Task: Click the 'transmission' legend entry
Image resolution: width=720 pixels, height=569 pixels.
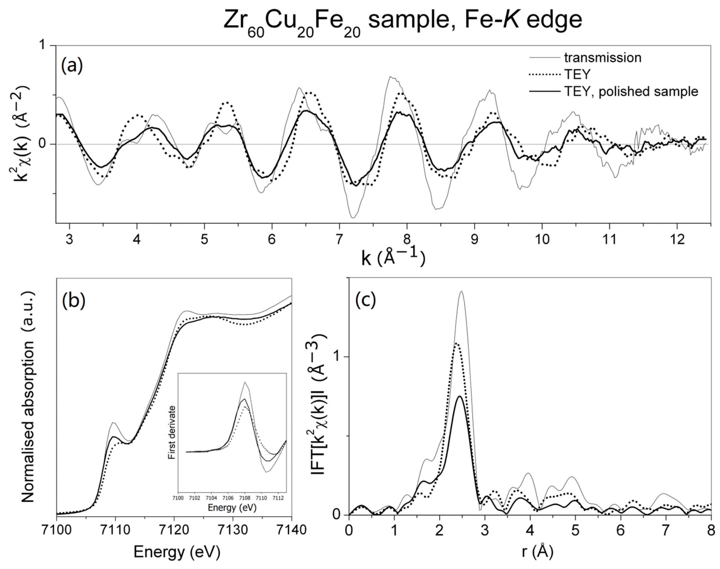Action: (x=602, y=58)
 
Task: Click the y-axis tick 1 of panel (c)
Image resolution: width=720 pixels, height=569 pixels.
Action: (x=337, y=357)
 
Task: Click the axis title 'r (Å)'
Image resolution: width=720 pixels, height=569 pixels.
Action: (x=530, y=552)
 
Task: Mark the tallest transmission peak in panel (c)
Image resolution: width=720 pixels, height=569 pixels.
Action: (x=461, y=292)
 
